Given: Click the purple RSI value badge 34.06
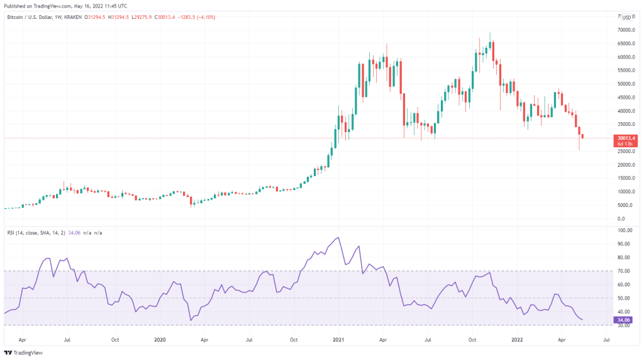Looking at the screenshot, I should pos(625,319).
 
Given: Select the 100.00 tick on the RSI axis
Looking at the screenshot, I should pos(625,230).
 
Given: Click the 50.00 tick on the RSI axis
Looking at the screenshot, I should pos(625,298).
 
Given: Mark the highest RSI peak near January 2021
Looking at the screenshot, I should pos(340,237).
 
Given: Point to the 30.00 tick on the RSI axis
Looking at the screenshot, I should pos(625,325).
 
